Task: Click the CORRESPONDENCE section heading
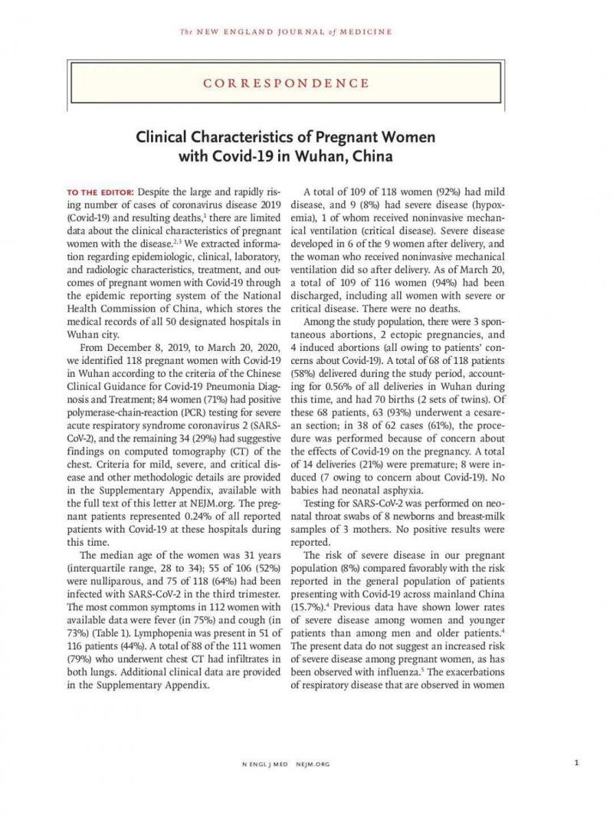[x=306, y=83]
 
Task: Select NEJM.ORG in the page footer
[x=316, y=763]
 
